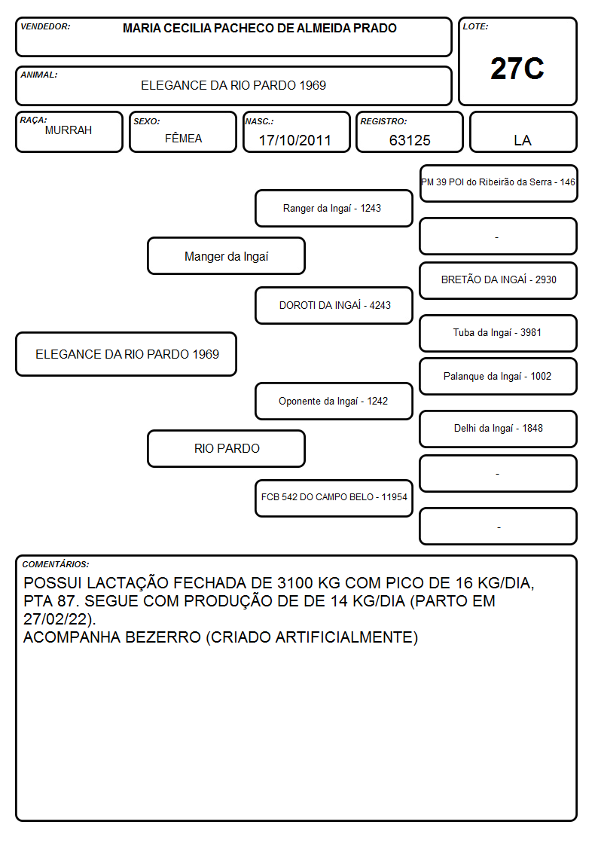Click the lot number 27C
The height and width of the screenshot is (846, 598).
pos(517,69)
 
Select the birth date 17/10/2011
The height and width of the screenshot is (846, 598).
pos(295,140)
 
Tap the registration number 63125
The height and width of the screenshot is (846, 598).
pos(410,140)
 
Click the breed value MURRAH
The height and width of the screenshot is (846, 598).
pos(69,130)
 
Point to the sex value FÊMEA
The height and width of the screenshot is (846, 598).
pos(183,138)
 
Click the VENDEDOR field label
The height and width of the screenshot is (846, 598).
pos(45,26)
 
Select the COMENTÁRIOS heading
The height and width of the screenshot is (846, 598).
pos(56,564)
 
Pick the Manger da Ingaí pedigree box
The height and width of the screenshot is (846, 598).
pos(227,256)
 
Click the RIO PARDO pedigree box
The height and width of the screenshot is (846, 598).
pos(227,448)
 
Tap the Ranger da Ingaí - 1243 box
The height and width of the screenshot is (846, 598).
pos(334,208)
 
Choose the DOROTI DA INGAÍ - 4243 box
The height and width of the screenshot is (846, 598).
pos(334,305)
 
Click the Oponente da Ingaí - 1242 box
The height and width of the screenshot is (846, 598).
pos(334,401)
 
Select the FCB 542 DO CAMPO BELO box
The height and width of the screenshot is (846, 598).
pos(334,498)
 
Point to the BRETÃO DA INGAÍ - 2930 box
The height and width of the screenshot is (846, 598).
pos(499,280)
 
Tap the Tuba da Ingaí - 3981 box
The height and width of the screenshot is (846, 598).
pos(499,333)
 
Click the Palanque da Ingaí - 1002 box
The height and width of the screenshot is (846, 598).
pos(499,376)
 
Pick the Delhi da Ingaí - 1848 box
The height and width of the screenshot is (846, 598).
pos(499,429)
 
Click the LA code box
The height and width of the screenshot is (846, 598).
pos(523,132)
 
